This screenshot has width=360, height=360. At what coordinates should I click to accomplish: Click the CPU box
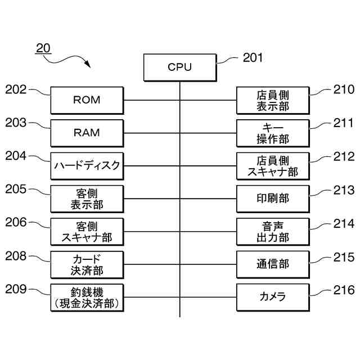[179, 67]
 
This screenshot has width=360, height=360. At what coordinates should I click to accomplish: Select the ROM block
[87, 100]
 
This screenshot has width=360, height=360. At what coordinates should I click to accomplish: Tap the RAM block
[87, 133]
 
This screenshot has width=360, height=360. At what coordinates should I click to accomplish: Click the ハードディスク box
[87, 165]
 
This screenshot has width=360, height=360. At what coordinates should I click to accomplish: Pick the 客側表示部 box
[87, 199]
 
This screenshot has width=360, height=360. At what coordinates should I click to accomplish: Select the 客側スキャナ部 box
[87, 231]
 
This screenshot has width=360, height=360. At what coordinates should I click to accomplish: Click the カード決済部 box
[87, 264]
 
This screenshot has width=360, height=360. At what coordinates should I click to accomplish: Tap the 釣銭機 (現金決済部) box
[87, 297]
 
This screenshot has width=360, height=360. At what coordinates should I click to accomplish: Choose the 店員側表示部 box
[273, 100]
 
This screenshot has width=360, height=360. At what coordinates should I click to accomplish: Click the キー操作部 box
[273, 133]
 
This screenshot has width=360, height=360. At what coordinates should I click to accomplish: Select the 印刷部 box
[273, 199]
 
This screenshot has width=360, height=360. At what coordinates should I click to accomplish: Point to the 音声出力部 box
[273, 231]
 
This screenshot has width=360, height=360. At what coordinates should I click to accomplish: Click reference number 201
[253, 57]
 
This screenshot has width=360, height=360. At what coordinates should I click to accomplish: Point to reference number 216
[344, 290]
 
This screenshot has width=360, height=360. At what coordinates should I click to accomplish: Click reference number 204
[16, 156]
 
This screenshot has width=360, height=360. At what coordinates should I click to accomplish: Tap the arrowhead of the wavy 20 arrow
[88, 65]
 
